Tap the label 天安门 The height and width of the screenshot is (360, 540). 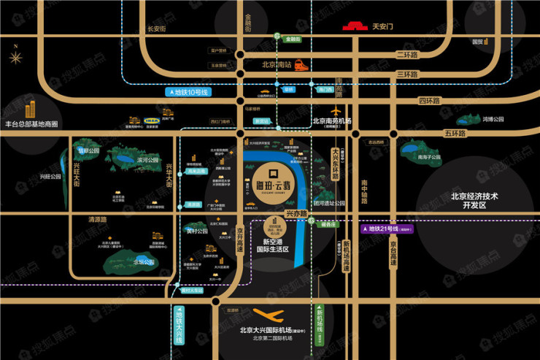[x=383, y=28]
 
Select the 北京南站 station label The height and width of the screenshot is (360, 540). [x=277, y=64]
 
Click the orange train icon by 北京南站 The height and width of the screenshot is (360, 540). [x=301, y=64]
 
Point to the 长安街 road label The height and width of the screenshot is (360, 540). [x=157, y=29]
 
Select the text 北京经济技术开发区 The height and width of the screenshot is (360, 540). [x=478, y=200]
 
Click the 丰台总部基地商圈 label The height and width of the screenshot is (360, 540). [x=32, y=124]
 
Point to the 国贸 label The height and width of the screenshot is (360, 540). [x=479, y=42]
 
